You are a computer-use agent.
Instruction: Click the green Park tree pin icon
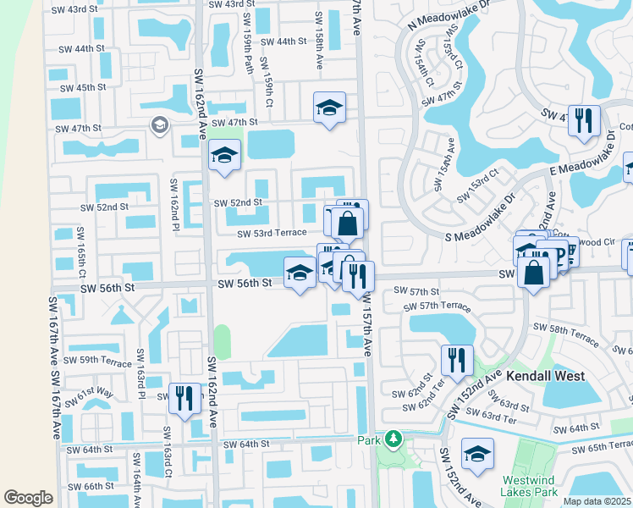(392, 439)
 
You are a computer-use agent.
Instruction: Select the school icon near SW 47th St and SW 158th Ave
(329, 108)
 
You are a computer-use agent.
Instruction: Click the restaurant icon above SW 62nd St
(457, 359)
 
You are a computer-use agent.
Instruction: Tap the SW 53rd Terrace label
(272, 234)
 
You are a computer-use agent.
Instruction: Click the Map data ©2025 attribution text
(597, 501)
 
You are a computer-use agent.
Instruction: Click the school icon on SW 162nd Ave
(224, 156)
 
